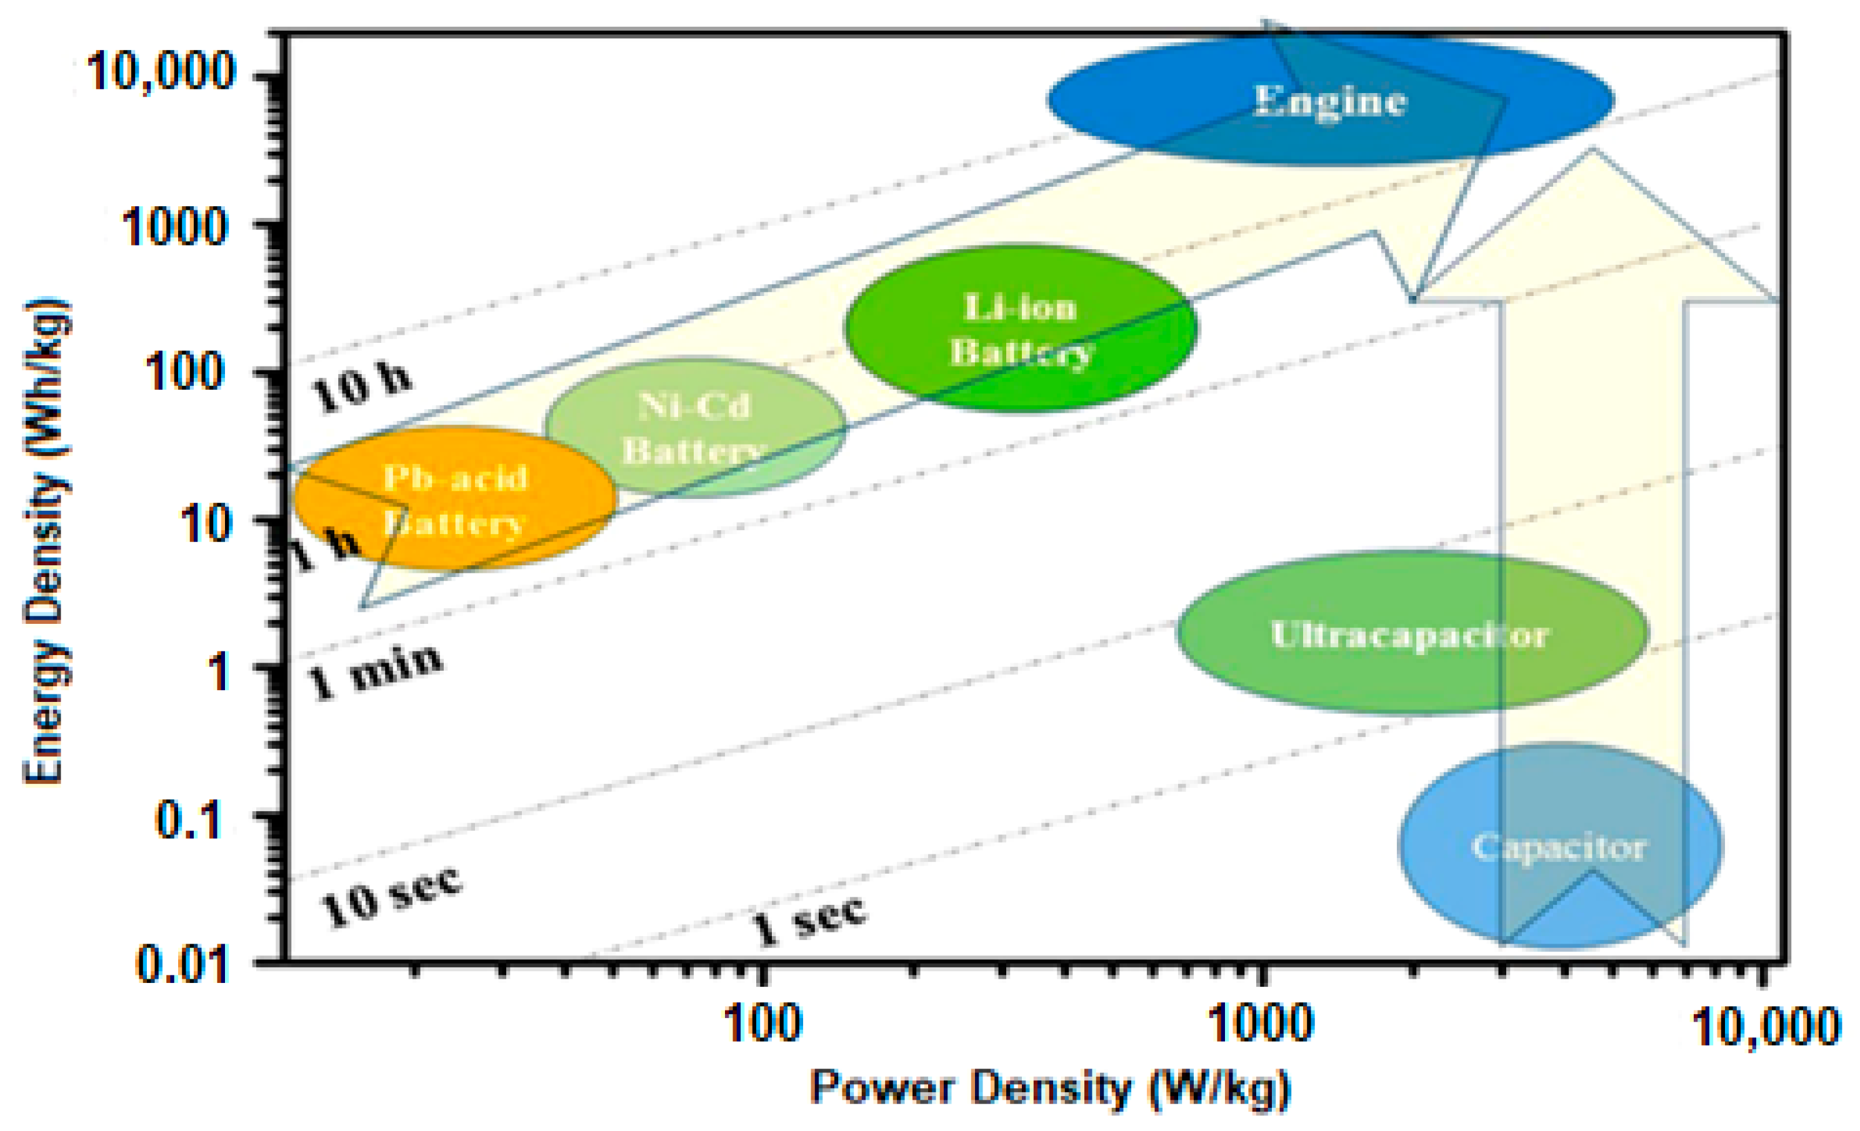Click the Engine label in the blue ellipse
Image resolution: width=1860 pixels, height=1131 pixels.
pyautogui.click(x=1330, y=101)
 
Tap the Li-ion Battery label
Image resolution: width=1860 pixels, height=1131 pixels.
pyautogui.click(x=1021, y=330)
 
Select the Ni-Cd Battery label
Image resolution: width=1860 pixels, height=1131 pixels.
pyautogui.click(x=694, y=428)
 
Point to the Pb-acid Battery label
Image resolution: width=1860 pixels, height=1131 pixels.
pyautogui.click(x=455, y=500)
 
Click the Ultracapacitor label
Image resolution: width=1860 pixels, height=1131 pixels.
pyautogui.click(x=1409, y=635)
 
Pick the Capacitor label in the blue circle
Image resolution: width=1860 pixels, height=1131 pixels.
pyautogui.click(x=1559, y=847)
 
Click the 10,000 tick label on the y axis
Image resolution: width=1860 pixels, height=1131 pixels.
pyautogui.click(x=161, y=72)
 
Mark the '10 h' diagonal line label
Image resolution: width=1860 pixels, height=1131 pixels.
pyautogui.click(x=361, y=388)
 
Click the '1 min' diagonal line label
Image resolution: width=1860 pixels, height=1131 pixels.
pyautogui.click(x=374, y=671)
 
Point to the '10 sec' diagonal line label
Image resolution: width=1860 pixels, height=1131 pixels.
pyautogui.click(x=390, y=896)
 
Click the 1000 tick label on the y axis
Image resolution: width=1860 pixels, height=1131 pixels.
pyautogui.click(x=174, y=225)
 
